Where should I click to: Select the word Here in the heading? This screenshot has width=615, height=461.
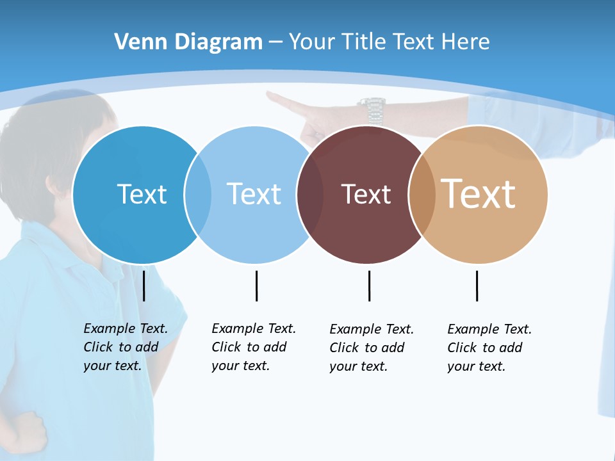(466, 42)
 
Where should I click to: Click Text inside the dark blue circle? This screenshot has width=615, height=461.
(142, 194)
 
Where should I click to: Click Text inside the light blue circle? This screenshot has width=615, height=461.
(254, 194)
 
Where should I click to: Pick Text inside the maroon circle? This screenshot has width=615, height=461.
(366, 194)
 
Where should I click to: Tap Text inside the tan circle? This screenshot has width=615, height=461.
(479, 194)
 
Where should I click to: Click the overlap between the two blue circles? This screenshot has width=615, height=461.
(198, 194)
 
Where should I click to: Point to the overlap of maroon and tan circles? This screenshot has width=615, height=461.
(422, 194)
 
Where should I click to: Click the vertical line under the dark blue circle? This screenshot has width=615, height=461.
(144, 286)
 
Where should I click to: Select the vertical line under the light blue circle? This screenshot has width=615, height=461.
(256, 286)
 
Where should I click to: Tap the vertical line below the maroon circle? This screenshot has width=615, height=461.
(369, 286)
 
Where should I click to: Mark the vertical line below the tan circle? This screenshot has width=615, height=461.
(477, 286)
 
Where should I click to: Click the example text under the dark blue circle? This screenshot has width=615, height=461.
(125, 347)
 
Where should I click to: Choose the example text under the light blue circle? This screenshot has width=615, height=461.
(253, 347)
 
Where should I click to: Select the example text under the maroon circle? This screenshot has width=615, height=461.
(371, 348)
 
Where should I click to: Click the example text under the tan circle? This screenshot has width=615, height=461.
(489, 348)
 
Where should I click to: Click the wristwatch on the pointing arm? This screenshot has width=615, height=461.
(372, 109)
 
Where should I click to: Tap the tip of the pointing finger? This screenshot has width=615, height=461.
(270, 95)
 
